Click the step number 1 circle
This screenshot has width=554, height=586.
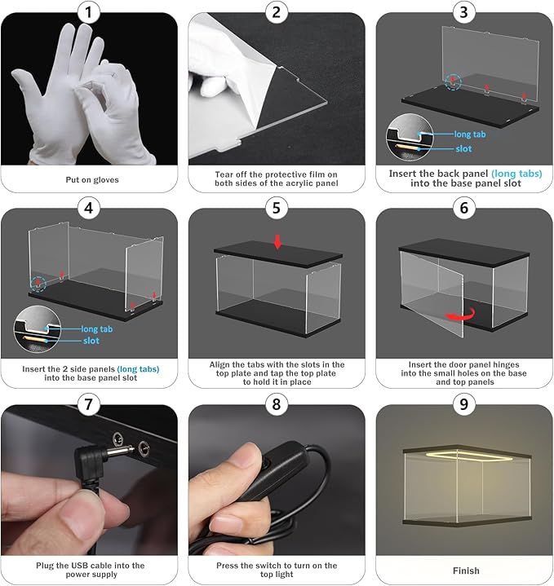pos(89,12)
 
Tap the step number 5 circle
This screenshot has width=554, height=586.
pos(277,208)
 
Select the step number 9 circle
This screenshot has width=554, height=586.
pos(464,404)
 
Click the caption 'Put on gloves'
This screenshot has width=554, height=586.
pos(92,180)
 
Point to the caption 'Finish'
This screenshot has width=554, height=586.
pos(466,571)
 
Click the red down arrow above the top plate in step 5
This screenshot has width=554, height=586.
pos(277,242)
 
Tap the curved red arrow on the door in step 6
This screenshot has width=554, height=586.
pos(462,315)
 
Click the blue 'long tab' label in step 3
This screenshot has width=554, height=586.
pos(470,134)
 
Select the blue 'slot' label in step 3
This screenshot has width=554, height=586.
pos(463,149)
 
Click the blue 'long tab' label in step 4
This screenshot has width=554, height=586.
pos(97,329)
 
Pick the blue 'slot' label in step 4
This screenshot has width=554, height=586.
pos(91,341)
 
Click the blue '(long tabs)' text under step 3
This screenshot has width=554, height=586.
pos(516,174)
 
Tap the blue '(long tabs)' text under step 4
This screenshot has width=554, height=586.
pos(138,369)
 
